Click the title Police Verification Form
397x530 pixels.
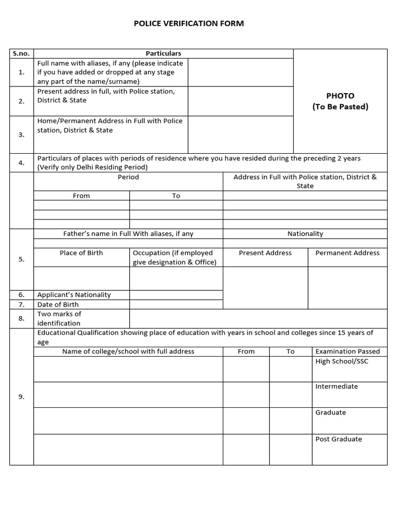pyautogui.click(x=189, y=23)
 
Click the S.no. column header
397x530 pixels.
pyautogui.click(x=21, y=53)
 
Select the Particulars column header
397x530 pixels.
pyautogui.click(x=163, y=53)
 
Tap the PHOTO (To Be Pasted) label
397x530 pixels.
pyautogui.click(x=340, y=101)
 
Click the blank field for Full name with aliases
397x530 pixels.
pyautogui.click(x=240, y=72)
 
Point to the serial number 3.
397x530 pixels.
pyautogui.click(x=21, y=135)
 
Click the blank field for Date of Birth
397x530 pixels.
pyautogui.click(x=176, y=304)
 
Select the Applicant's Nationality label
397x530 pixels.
pyautogui.click(x=74, y=295)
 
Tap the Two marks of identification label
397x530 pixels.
pyautogui.click(x=59, y=318)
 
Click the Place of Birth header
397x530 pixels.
pyautogui.click(x=81, y=253)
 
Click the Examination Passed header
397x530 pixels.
pyautogui.click(x=347, y=351)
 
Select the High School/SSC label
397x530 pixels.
pyautogui.click(x=342, y=361)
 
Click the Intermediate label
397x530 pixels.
pyautogui.click(x=337, y=386)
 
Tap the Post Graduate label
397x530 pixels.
pyautogui.click(x=339, y=439)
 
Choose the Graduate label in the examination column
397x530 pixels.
pyautogui.click(x=330, y=413)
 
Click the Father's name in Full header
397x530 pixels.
pyautogui.click(x=128, y=233)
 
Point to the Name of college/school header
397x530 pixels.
pyautogui.click(x=128, y=351)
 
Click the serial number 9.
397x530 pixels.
pyautogui.click(x=21, y=396)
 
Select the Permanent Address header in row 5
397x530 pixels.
pyautogui.click(x=347, y=253)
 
